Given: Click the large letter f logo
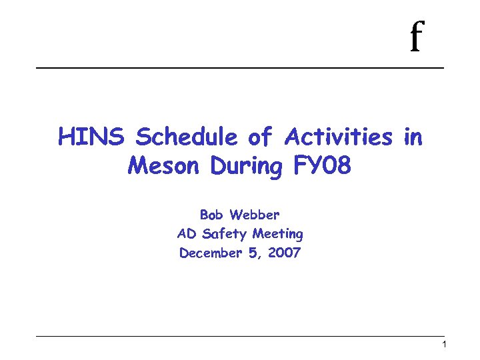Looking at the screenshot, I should [x=417, y=37].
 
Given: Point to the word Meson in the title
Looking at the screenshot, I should [x=165, y=165].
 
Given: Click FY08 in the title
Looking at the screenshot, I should [x=321, y=165].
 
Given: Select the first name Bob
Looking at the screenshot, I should [x=212, y=215].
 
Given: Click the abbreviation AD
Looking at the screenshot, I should [x=185, y=234].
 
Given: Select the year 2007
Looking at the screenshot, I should [x=285, y=253].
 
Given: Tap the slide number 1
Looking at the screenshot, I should [x=444, y=345].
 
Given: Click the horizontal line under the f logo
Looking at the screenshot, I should [x=240, y=68].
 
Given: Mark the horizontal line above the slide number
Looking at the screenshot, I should [x=240, y=335].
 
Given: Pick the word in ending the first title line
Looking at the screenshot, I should [x=413, y=137].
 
